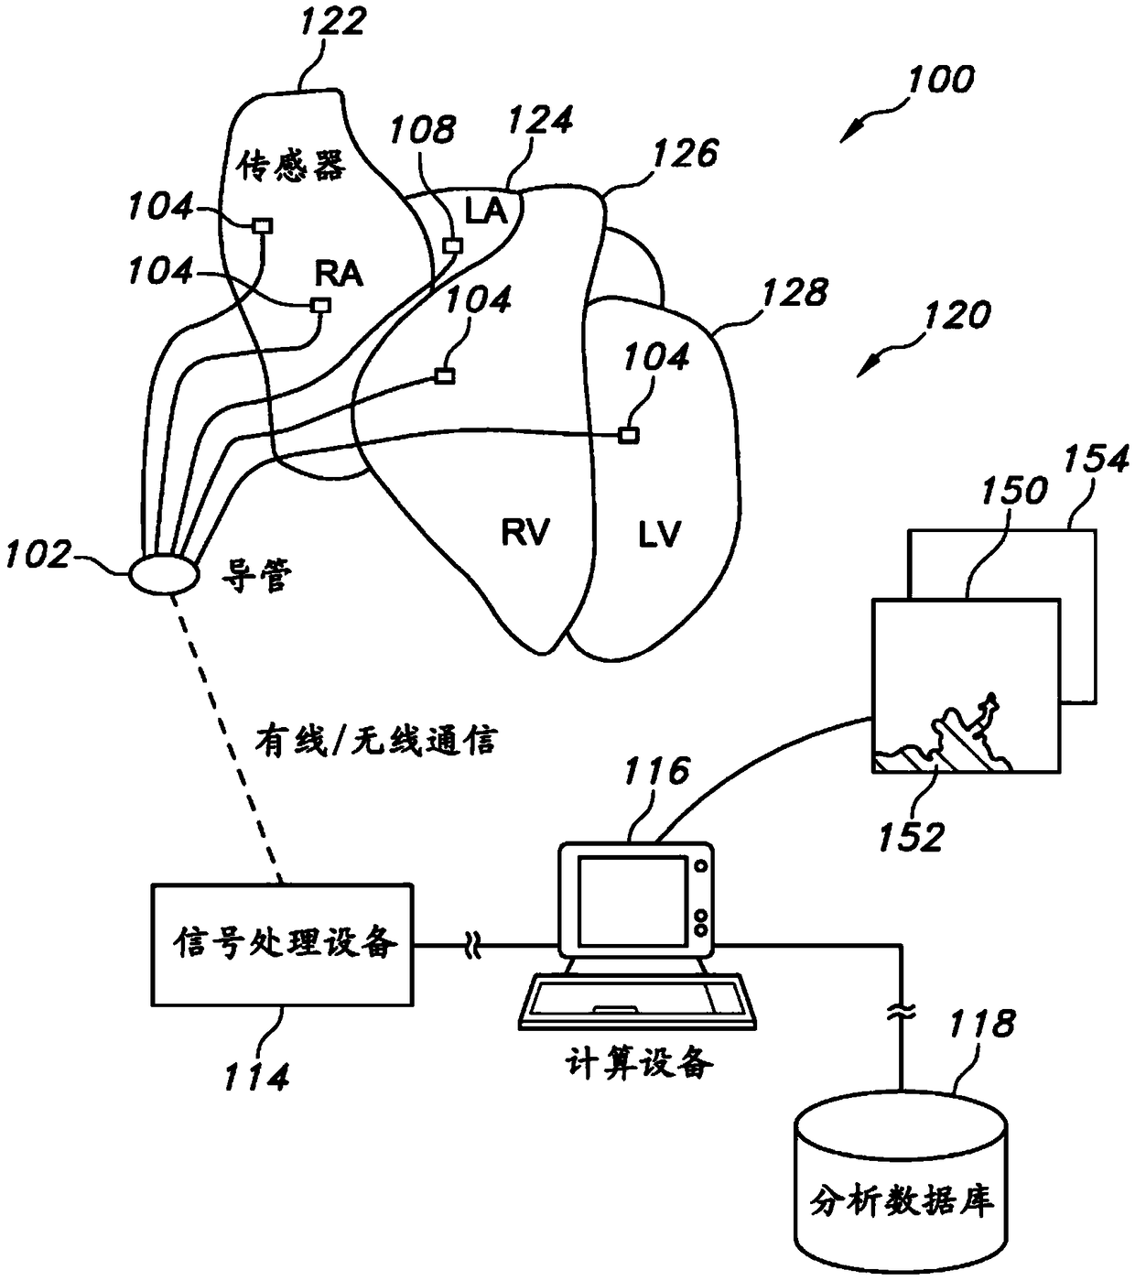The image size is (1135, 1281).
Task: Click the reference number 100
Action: pyautogui.click(x=941, y=80)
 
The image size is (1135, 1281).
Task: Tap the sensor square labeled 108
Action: pyautogui.click(x=452, y=245)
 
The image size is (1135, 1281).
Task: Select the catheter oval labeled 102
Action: pyautogui.click(x=165, y=575)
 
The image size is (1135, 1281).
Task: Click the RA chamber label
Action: pyautogui.click(x=339, y=275)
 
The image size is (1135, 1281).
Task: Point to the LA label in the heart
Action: pyautogui.click(x=485, y=211)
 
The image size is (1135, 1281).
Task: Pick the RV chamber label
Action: pyautogui.click(x=525, y=532)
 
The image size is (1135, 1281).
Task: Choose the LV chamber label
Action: pyautogui.click(x=658, y=534)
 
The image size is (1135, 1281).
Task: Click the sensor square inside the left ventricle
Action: pyautogui.click(x=628, y=435)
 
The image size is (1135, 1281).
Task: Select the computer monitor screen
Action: pyautogui.click(x=632, y=901)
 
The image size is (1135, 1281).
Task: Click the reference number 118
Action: pyautogui.click(x=981, y=1024)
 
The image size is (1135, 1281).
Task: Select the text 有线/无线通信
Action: pyautogui.click(x=376, y=741)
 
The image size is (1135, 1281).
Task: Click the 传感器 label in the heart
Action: pyautogui.click(x=291, y=166)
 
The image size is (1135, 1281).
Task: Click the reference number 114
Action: pyautogui.click(x=256, y=1077)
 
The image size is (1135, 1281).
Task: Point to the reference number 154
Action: pyautogui.click(x=1096, y=459)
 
